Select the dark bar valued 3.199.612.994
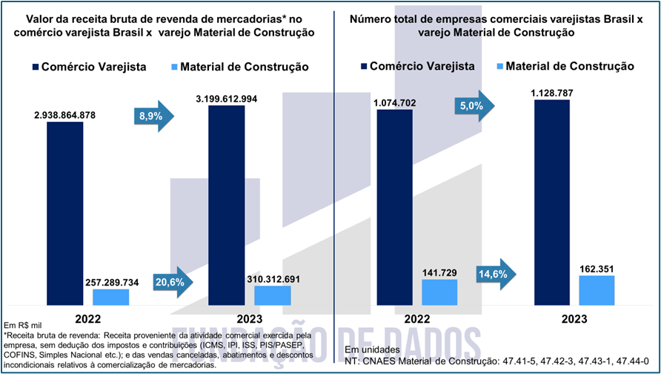tap(227, 205)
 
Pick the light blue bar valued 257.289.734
tap(110, 297)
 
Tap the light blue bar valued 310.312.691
tap(273, 295)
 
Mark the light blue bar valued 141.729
tap(440, 292)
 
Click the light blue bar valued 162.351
tap(597, 290)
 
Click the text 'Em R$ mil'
tap(23, 326)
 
